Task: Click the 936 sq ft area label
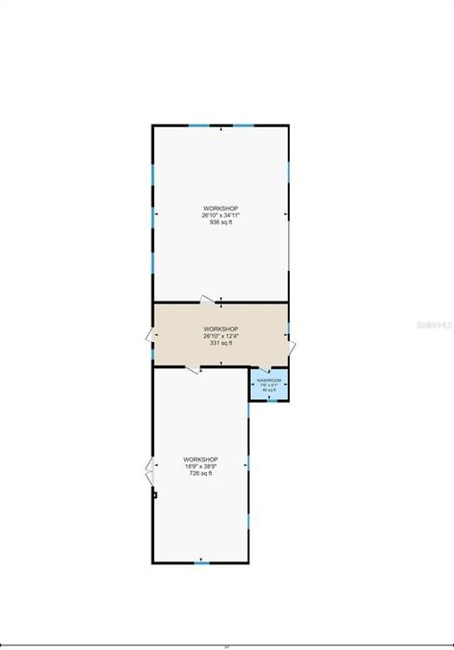click(220, 222)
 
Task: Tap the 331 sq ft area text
click(220, 342)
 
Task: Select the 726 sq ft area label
click(199, 473)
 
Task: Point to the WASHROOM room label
click(269, 381)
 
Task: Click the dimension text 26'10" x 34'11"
click(220, 215)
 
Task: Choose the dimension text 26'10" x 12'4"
click(220, 335)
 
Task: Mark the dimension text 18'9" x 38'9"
click(199, 466)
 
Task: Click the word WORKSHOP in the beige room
click(220, 329)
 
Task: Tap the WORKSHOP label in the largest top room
click(220, 208)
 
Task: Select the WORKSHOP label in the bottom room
click(199, 459)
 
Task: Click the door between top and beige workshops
click(209, 301)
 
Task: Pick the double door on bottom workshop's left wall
click(149, 471)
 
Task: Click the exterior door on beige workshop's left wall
click(149, 336)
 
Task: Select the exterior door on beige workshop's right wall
click(292, 348)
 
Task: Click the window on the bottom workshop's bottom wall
click(200, 562)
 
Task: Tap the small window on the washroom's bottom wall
click(270, 399)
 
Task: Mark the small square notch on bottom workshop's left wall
click(154, 495)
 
